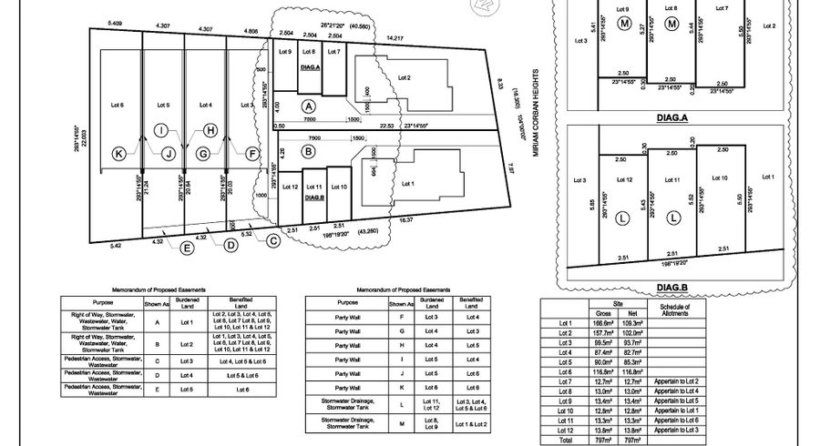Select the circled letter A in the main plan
[x=309, y=106]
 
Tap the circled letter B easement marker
[x=309, y=151]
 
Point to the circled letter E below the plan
[x=188, y=247]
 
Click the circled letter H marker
[x=210, y=130]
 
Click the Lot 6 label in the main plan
[x=118, y=105]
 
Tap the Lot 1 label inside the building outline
[x=407, y=183]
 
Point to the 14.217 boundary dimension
[x=396, y=38]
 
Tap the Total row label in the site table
[x=565, y=439]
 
